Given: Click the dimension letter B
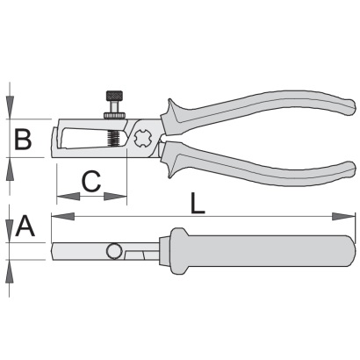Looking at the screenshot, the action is [x=23, y=139].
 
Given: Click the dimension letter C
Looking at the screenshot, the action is [x=91, y=181].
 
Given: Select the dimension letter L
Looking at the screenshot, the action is [x=198, y=203].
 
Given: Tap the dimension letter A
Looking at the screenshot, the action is [x=25, y=226].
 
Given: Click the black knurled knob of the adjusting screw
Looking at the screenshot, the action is [x=114, y=96].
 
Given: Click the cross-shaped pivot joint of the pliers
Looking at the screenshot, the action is [x=142, y=139].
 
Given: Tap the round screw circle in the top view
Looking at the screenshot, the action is [x=114, y=251].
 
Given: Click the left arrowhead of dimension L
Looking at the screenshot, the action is [x=62, y=217].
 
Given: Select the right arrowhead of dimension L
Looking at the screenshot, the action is [x=343, y=217].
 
